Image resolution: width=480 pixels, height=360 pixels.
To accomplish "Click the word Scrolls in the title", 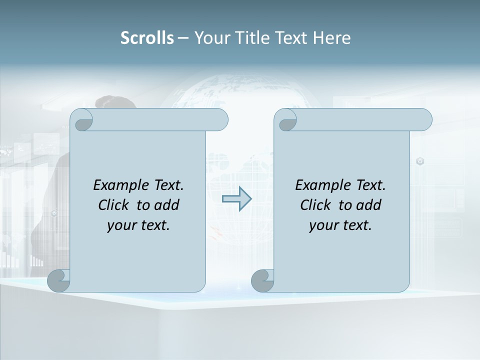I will click(147, 38).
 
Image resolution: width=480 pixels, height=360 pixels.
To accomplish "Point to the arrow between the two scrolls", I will click(236, 199).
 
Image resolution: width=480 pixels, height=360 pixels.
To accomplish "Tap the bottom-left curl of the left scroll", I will click(59, 280).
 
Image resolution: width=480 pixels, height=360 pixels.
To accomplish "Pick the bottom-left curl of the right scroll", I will click(262, 280).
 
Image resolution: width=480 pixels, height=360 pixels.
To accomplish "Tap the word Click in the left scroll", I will click(113, 205).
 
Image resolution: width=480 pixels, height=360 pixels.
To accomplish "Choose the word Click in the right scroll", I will click(315, 205).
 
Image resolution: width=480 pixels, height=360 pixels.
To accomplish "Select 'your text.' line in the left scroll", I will click(138, 225).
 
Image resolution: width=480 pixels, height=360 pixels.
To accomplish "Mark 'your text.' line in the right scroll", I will click(340, 225).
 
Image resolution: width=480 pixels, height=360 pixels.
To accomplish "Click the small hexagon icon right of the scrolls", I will click(420, 161).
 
